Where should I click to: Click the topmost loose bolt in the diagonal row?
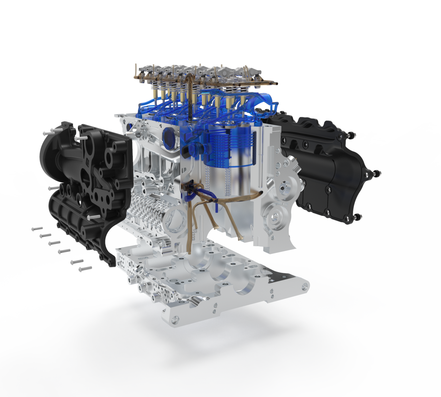pyautogui.click(x=37, y=229)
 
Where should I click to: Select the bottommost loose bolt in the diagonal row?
pyautogui.click(x=85, y=269)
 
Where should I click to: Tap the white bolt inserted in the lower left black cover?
pyautogui.click(x=92, y=217)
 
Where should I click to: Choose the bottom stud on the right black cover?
pyautogui.click(x=356, y=218)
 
